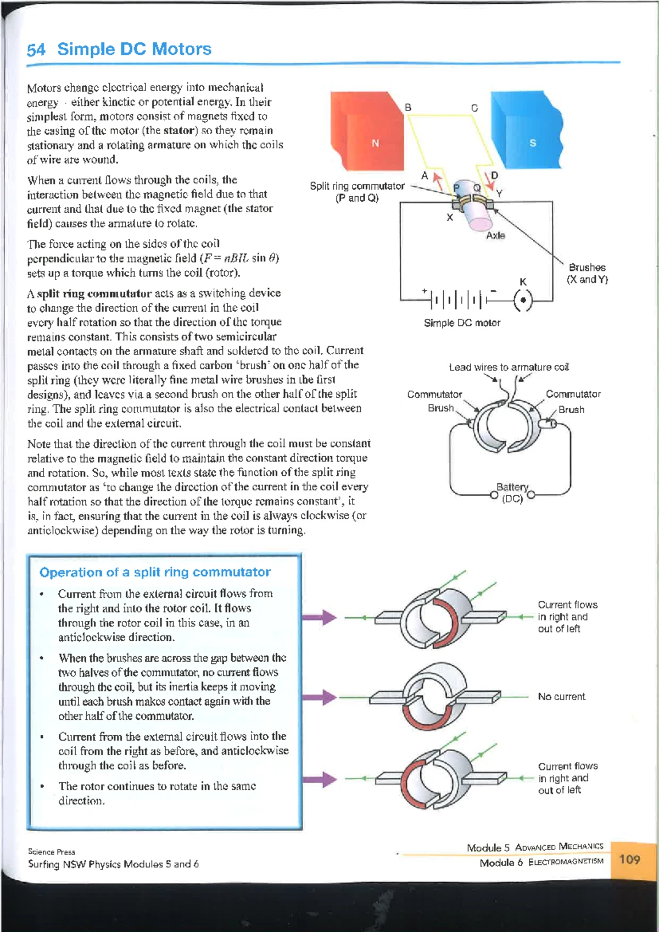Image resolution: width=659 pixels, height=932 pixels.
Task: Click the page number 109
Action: pos(629,859)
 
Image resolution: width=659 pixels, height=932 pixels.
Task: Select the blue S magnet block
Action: pos(527,129)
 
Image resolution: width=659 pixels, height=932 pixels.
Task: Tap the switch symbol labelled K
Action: pos(523,299)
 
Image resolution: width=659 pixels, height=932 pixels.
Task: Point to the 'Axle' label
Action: pos(495,236)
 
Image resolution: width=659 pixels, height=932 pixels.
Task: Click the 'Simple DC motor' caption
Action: pos(462,323)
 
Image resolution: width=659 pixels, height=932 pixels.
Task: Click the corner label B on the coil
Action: pos(408,107)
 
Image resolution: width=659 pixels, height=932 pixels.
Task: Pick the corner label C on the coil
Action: pos(474,108)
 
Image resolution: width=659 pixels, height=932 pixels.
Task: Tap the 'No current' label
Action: pos(561,696)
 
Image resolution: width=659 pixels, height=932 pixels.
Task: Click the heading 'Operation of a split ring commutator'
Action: pos(155,572)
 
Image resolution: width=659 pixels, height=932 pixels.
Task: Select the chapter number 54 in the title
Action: pos(36,50)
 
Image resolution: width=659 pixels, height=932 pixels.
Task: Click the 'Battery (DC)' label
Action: pos(512,492)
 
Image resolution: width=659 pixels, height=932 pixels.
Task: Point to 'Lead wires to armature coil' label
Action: pos(509,367)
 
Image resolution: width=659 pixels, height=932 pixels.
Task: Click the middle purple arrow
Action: pos(319,697)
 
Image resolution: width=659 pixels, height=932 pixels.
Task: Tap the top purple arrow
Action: pos(319,617)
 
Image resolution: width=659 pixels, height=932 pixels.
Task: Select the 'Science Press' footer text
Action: pos(51,852)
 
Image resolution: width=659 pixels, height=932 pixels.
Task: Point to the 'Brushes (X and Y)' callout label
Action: pos(587,273)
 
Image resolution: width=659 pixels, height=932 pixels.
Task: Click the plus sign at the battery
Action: pos(425,291)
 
